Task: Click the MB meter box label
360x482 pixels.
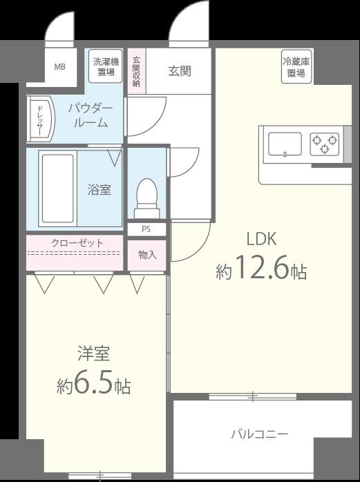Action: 59,66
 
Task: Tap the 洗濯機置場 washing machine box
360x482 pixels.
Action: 106,66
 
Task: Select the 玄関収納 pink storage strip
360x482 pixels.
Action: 136,71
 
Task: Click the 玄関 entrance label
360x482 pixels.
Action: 180,71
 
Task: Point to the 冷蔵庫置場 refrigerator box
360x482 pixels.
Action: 296,67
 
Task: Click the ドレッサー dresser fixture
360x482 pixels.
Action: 41,119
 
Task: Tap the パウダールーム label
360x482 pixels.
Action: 91,115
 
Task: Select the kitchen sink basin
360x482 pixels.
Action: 285,144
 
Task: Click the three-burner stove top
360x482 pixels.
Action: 324,144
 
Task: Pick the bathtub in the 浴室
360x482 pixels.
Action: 57,189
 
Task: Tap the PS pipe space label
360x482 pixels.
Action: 146,229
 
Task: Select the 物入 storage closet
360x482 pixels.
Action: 147,256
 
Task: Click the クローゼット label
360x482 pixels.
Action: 77,243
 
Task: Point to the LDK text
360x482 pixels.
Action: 262,239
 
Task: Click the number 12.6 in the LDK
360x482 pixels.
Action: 263,267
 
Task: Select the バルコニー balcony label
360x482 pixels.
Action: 260,434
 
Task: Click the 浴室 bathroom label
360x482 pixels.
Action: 99,190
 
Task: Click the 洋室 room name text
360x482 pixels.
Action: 93,354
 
